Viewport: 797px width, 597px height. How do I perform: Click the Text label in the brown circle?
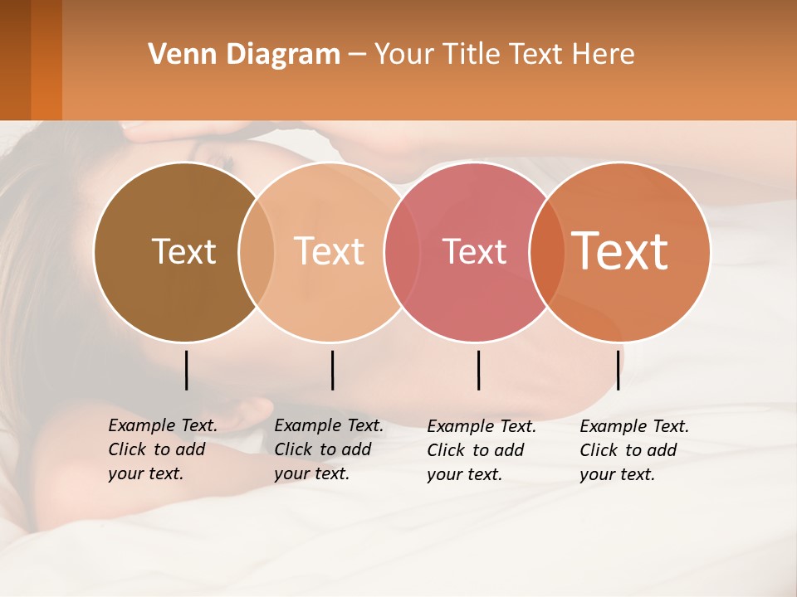pyautogui.click(x=183, y=251)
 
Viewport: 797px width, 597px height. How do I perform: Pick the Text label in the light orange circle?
pyautogui.click(x=330, y=251)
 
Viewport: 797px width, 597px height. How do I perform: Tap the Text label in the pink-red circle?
pyautogui.click(x=475, y=252)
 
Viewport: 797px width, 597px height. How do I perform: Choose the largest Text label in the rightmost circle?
pyautogui.click(x=620, y=251)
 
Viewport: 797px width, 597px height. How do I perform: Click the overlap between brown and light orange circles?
pyautogui.click(x=257, y=251)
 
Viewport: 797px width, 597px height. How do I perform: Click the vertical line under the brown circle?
pyautogui.click(x=186, y=370)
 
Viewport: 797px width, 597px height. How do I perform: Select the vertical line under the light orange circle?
pyautogui.click(x=332, y=370)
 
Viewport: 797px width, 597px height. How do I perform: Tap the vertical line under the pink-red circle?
pyautogui.click(x=478, y=370)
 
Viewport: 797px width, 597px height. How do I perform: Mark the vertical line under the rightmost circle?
pyautogui.click(x=618, y=370)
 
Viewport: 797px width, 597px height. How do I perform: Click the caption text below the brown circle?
pyautogui.click(x=162, y=450)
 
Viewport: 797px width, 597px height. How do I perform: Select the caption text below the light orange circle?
pyautogui.click(x=328, y=450)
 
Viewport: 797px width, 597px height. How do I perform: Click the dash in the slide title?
pyautogui.click(x=357, y=56)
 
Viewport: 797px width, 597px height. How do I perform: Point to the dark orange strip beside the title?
pyautogui.click(x=46, y=60)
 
